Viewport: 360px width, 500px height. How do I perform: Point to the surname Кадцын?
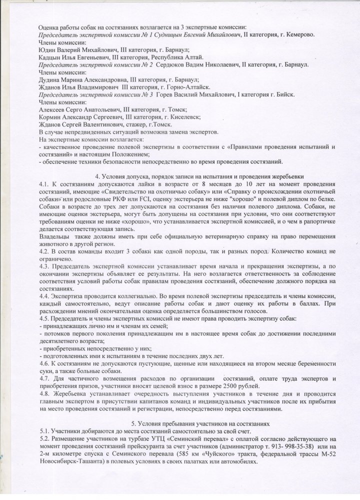tap(49, 57)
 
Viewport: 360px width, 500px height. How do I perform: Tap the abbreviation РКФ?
tap(131, 198)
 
